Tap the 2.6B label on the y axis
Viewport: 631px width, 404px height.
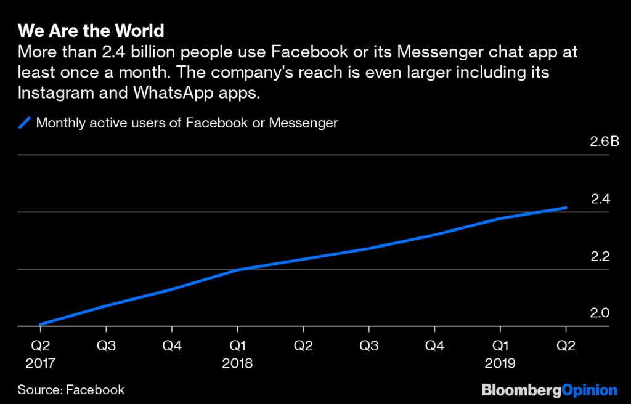[604, 142]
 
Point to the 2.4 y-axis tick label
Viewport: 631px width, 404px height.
[600, 199]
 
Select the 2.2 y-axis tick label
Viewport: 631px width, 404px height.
[600, 256]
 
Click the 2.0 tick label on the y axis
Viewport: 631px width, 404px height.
[600, 313]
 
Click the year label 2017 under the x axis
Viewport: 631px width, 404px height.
[40, 363]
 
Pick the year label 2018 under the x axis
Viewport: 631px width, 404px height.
[237, 363]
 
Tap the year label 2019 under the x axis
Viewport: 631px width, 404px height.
[500, 363]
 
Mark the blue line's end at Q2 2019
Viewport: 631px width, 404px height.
[566, 208]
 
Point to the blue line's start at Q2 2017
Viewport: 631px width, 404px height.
[40, 325]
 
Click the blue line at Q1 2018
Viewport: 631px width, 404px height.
[237, 270]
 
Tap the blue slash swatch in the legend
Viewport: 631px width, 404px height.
[25, 123]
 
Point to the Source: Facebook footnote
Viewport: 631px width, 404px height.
[71, 389]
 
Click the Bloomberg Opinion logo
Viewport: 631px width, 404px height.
[549, 389]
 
